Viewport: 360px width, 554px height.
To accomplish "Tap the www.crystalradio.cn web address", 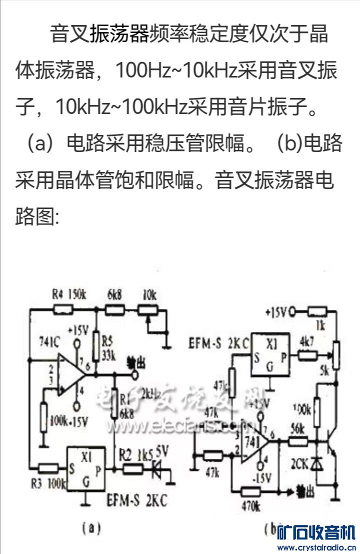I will tap(316, 547).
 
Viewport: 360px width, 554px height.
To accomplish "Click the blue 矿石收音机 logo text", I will tap(316, 532).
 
